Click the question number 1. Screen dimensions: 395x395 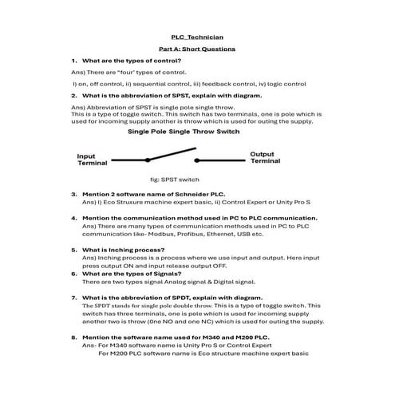click(x=73, y=61)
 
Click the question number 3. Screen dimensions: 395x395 click(x=74, y=194)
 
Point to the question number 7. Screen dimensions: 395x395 click(x=74, y=297)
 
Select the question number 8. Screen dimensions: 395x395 click(x=74, y=337)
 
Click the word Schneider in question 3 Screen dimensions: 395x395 click(x=198, y=194)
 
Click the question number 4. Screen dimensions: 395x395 click(x=74, y=217)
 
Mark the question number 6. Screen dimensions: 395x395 click(x=74, y=273)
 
